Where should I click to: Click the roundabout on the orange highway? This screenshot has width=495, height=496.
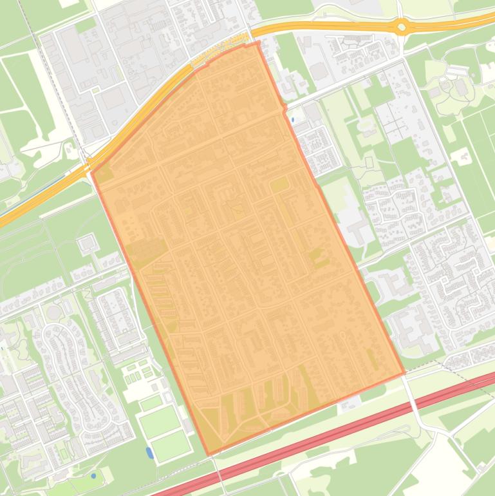tap(402, 27)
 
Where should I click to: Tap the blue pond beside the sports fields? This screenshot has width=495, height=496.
tap(149, 452)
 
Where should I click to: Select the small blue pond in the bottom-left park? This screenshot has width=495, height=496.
tap(93, 476)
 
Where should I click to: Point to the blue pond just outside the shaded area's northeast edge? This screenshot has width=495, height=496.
tap(293, 120)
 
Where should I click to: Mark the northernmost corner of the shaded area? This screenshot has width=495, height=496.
tap(259, 43)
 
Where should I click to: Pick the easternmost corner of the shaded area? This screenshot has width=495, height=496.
tap(404, 374)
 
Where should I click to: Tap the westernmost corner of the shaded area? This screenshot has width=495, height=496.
tap(92, 173)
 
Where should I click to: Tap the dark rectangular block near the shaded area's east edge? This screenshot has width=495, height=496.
tap(279, 186)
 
